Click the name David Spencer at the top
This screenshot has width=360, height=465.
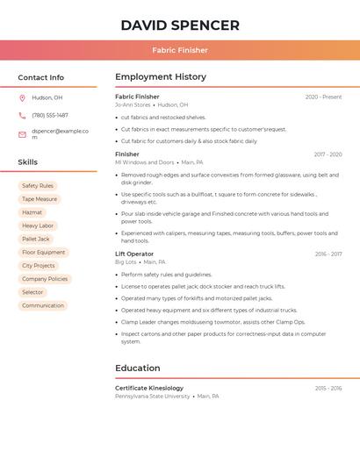click(180, 25)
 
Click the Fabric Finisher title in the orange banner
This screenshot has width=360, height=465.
click(180, 51)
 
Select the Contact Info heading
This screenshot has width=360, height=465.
click(40, 77)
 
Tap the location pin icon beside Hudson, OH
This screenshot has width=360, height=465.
click(22, 98)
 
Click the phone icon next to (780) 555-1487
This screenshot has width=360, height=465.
click(22, 116)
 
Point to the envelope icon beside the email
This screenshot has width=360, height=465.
click(22, 134)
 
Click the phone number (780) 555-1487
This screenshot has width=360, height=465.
click(50, 116)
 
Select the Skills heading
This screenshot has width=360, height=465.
click(27, 162)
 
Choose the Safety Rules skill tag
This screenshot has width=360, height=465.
click(38, 186)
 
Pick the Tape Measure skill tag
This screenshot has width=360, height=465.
click(40, 199)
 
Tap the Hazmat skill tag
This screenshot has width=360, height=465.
click(32, 212)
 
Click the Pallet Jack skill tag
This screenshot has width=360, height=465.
click(36, 239)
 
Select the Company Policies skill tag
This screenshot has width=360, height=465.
click(45, 279)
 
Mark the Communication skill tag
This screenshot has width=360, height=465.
click(43, 305)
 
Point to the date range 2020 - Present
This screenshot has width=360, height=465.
click(323, 97)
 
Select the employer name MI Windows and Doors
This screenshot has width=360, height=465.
click(145, 162)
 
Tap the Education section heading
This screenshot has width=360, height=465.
click(137, 368)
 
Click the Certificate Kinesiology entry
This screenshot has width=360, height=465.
click(149, 388)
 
